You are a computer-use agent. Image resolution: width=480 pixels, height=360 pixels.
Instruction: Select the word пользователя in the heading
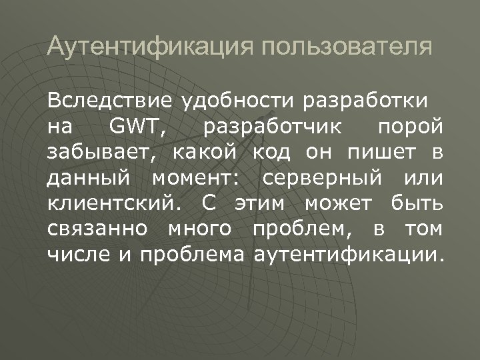tap(347, 48)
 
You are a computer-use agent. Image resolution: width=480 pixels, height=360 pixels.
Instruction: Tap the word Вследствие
tap(107, 101)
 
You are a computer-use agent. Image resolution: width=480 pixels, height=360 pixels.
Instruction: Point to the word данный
tap(88, 177)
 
